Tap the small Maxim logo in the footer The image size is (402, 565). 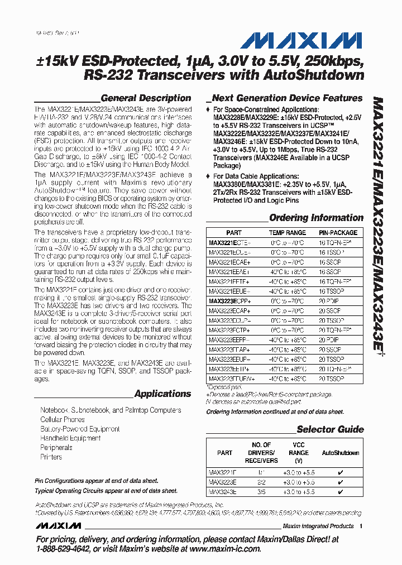pos(59,526)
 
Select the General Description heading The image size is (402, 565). pos(146,98)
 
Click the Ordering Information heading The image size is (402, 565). pos(316,218)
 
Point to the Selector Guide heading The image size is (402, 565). pos(330,429)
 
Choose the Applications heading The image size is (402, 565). pos(162,394)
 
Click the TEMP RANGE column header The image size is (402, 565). pos(288,232)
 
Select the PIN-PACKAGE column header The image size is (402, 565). pos(338,232)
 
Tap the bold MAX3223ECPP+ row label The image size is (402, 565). pos(229,300)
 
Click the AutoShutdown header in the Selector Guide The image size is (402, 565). pos(341,453)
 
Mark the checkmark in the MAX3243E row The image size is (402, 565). pos(341,492)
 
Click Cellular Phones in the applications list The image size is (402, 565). pos(63,419)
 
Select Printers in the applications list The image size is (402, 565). pos(51,457)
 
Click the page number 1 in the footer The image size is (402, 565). pos(361,526)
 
